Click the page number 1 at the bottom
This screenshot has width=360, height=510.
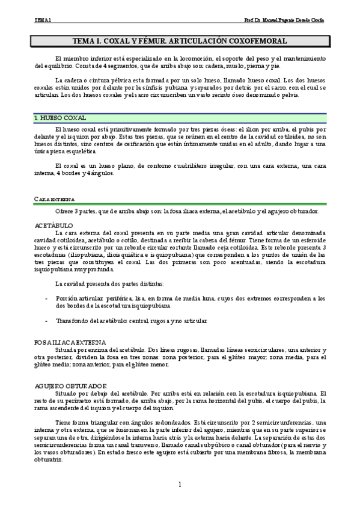[x=180, y=485]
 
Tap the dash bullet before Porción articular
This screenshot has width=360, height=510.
[x=46, y=298]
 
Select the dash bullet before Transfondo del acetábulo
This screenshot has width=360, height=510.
[x=46, y=321]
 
